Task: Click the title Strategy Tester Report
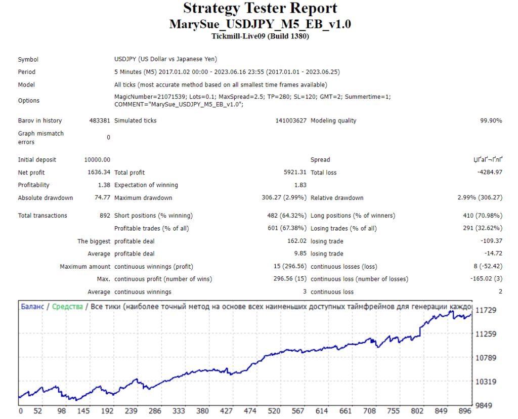(260, 9)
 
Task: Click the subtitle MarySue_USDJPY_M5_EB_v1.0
(260, 24)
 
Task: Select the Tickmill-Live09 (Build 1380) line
(260, 36)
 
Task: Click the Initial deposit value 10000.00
(97, 160)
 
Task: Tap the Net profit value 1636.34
(99, 173)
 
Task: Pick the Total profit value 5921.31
(294, 173)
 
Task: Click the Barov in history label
(40, 120)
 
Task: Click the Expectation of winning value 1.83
(300, 185)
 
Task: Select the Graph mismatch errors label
(40, 138)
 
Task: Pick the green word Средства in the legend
(67, 307)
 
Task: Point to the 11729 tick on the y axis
(486, 310)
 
